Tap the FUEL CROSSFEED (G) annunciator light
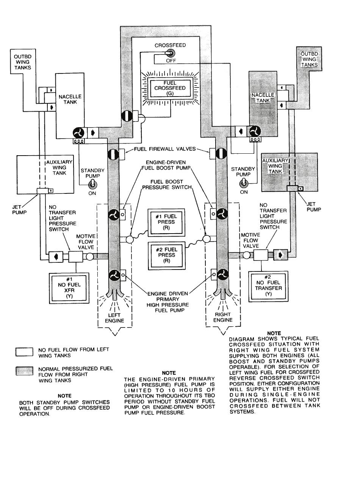pyautogui.click(x=170, y=88)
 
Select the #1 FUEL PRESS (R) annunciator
pyautogui.click(x=166, y=222)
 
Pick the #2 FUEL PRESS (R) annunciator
pyautogui.click(x=167, y=256)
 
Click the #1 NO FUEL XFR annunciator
pyautogui.click(x=69, y=288)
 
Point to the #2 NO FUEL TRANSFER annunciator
pyautogui.click(x=268, y=286)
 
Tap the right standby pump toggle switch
pyautogui.click(x=243, y=183)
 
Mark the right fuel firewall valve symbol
pyautogui.click(x=221, y=153)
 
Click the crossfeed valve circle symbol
pyautogui.click(x=127, y=115)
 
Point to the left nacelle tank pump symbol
pyautogui.click(x=78, y=132)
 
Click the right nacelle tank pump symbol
pyautogui.click(x=255, y=131)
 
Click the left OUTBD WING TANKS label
pyautogui.click(x=23, y=62)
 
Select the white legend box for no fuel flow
pyautogui.click(x=24, y=352)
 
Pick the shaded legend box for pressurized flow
pyautogui.click(x=24, y=371)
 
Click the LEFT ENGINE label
pyautogui.click(x=114, y=318)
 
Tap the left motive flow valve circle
pyautogui.click(x=89, y=256)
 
